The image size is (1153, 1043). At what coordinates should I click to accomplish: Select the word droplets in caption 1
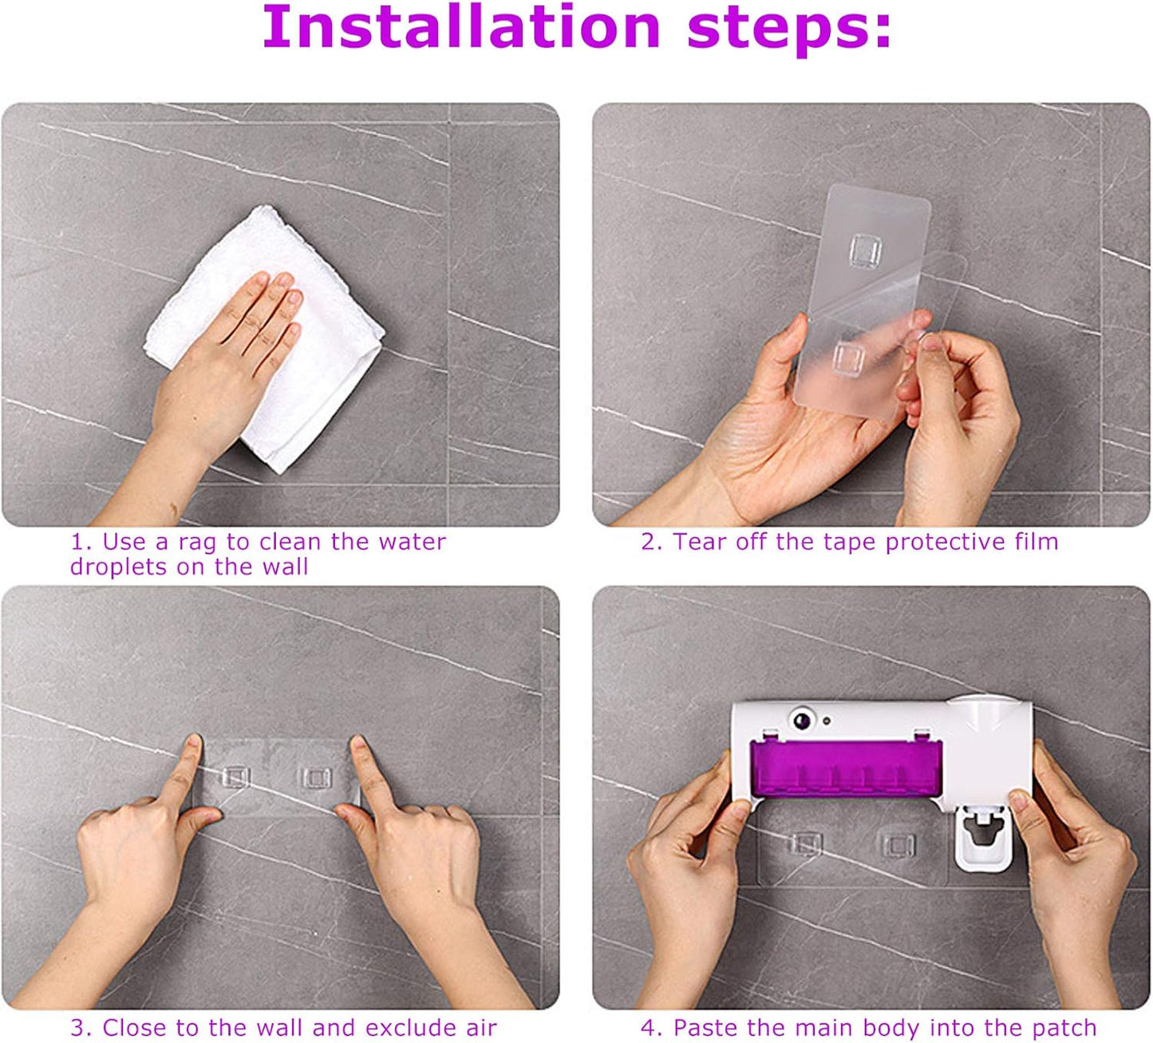pyautogui.click(x=120, y=567)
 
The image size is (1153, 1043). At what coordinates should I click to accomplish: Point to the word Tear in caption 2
pyautogui.click(x=700, y=542)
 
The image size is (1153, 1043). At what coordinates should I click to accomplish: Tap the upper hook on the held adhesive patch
pyautogui.click(x=865, y=250)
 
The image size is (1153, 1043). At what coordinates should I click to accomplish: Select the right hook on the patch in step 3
pyautogui.click(x=315, y=779)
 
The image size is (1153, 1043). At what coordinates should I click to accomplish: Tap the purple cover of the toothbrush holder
pyautogui.click(x=846, y=769)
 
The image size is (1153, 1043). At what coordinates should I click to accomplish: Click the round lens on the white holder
pyautogui.click(x=802, y=719)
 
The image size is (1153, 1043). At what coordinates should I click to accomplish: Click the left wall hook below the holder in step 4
pyautogui.click(x=806, y=844)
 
